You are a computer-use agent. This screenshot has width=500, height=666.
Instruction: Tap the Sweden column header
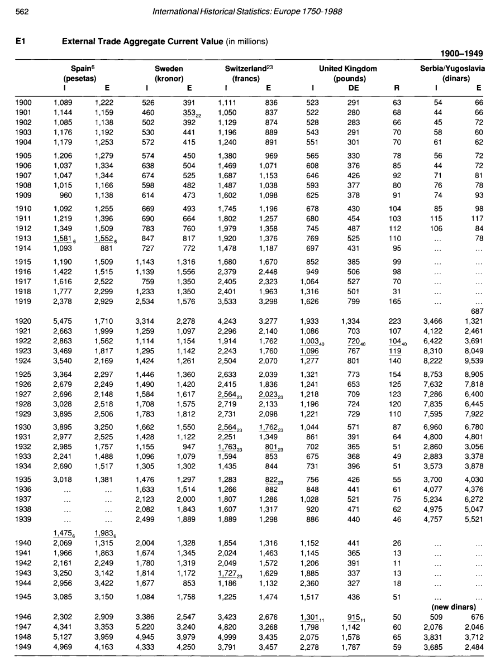tap(169, 68)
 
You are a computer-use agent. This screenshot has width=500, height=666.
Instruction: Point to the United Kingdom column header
tap(347, 68)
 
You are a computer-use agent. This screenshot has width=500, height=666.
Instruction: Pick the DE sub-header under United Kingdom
tap(353, 88)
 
